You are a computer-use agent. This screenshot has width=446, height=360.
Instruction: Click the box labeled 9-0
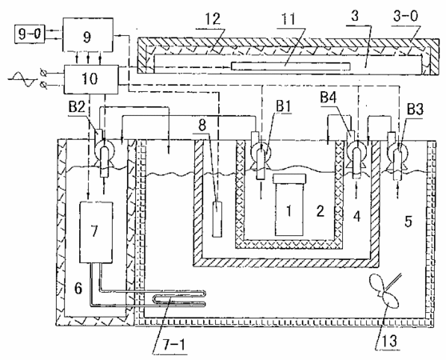click(30, 34)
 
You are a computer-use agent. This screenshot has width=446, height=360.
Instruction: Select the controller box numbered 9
click(88, 35)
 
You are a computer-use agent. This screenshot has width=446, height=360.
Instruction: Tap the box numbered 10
click(91, 79)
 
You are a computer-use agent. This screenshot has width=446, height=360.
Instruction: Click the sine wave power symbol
click(22, 79)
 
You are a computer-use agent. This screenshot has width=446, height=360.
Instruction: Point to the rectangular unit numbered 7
click(96, 232)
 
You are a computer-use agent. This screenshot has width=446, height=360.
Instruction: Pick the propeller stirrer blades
click(384, 293)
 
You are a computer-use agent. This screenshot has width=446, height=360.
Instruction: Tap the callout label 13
click(389, 340)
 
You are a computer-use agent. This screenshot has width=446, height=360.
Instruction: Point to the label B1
click(283, 106)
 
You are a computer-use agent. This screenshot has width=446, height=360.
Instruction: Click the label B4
click(329, 98)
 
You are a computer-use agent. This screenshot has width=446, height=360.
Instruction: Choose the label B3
click(416, 109)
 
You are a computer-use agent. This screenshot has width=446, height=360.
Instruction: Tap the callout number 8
click(202, 126)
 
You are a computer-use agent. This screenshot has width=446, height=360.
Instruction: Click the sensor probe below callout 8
click(217, 219)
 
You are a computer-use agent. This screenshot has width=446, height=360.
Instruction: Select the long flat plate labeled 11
click(290, 66)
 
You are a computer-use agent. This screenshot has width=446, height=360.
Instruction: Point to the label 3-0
click(406, 16)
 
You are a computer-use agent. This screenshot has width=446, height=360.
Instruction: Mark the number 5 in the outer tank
click(408, 221)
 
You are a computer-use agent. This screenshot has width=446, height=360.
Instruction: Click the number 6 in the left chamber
click(78, 288)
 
